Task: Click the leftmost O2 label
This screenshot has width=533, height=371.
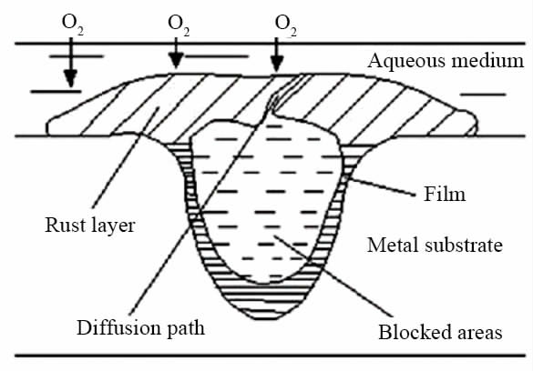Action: [x=72, y=25]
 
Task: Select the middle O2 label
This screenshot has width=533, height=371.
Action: [x=179, y=25]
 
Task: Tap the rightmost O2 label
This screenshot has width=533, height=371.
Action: [x=285, y=25]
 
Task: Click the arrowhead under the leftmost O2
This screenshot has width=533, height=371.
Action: [x=71, y=79]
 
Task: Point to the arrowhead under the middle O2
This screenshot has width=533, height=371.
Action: [x=176, y=61]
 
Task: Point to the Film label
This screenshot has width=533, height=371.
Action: [x=445, y=195]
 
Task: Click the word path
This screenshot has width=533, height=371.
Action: [x=186, y=328]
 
